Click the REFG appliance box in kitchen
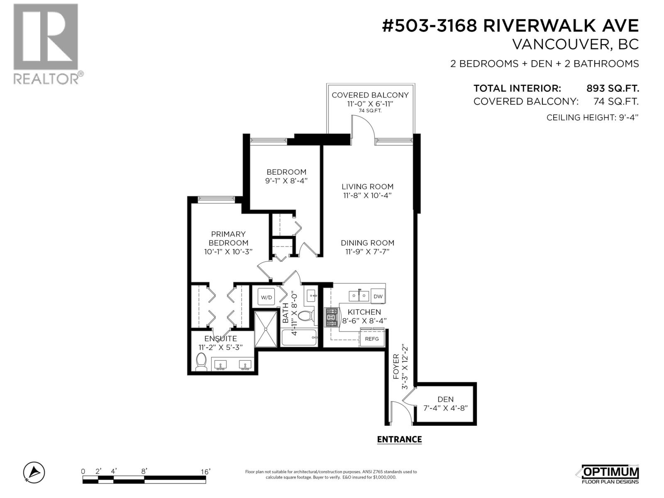(x=372, y=339)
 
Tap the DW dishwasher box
(x=378, y=296)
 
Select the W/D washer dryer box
(x=266, y=297)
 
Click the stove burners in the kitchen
(x=332, y=317)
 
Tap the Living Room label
(x=367, y=187)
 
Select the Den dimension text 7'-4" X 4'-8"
(x=445, y=408)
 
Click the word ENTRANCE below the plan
(x=399, y=439)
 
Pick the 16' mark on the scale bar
(x=205, y=471)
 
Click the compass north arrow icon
(x=34, y=472)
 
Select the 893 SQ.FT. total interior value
(x=612, y=88)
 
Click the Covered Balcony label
(x=370, y=95)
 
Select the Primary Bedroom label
(x=228, y=238)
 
